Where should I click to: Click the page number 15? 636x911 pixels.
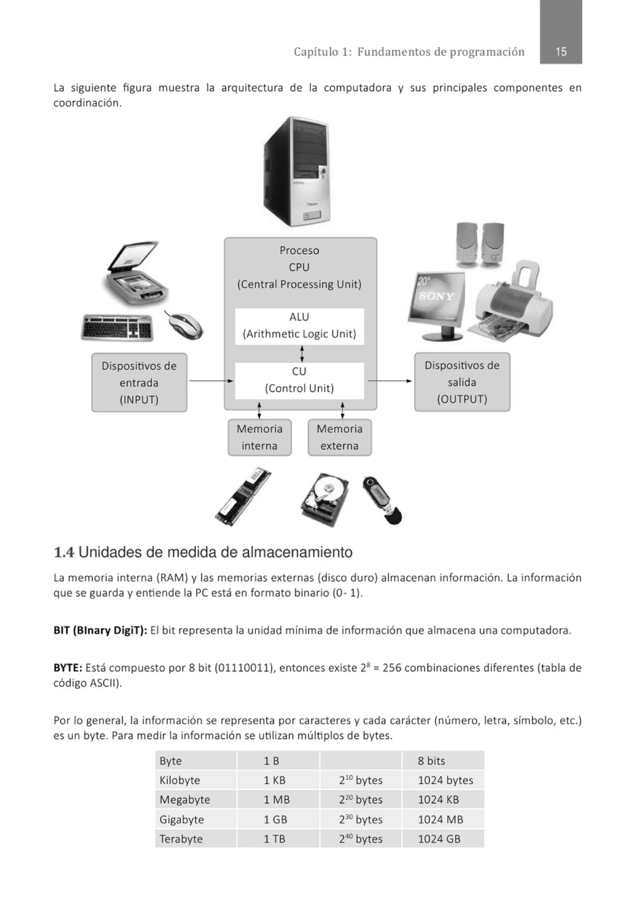560,52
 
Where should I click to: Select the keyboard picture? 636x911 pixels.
117,328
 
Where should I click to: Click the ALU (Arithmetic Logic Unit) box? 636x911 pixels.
299,326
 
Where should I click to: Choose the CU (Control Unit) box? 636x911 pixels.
299,380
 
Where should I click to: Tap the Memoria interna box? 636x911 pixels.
260,437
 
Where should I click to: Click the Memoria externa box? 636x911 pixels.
339,437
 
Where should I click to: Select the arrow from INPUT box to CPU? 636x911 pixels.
211,381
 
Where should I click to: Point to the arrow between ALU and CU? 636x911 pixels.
302,353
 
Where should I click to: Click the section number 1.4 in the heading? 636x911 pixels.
64,552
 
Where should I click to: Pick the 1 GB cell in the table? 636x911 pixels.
275,819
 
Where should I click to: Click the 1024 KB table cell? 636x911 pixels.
438,799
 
